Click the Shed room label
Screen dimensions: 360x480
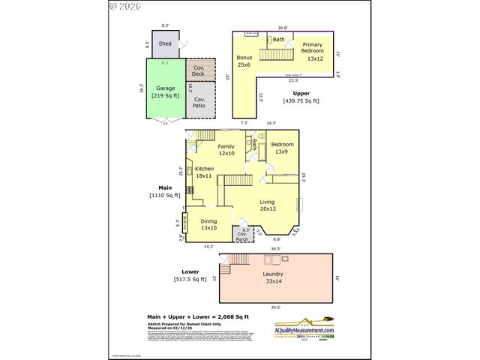[165, 43]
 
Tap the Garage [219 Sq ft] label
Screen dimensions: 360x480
[165, 91]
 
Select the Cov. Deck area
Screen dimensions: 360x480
[199, 70]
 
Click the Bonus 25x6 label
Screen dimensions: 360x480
[244, 61]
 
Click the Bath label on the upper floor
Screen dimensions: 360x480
[279, 39]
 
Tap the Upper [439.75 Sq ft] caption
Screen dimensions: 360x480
[301, 97]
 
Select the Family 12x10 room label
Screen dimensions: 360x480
[226, 150]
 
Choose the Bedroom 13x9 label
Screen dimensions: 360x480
[281, 148]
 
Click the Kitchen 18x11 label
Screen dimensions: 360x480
[204, 172]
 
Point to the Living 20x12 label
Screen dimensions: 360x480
[268, 206]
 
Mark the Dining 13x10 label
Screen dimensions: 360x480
[208, 225]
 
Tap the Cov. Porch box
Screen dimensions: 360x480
[242, 235]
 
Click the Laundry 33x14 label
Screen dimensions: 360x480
[273, 277]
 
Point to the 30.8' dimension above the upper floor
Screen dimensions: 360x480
[281, 28]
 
